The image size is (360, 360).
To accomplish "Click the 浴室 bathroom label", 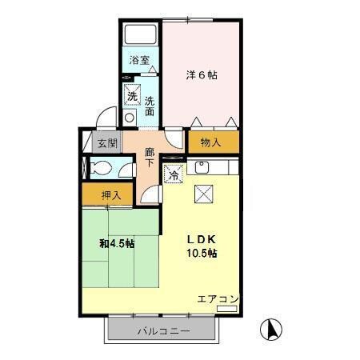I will point(140,60).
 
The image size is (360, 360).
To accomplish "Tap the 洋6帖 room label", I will point(202,74).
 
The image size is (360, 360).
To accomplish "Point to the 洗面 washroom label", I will point(150,106).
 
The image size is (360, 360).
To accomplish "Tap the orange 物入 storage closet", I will point(211,142).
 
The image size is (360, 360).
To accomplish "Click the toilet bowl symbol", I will point(100,170).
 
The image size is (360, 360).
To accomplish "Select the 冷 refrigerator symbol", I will point(173,173).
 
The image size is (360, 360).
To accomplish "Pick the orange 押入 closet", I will point(110,194).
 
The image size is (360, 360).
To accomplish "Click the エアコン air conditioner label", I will point(218,300).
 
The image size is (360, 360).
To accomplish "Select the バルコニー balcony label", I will point(162,330).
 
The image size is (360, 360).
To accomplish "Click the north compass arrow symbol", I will point(273,328).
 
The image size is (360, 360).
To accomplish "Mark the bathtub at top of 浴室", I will point(142,34).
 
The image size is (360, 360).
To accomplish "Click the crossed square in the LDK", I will point(204,193).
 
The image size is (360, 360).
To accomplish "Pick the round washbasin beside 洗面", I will point(130,118).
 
